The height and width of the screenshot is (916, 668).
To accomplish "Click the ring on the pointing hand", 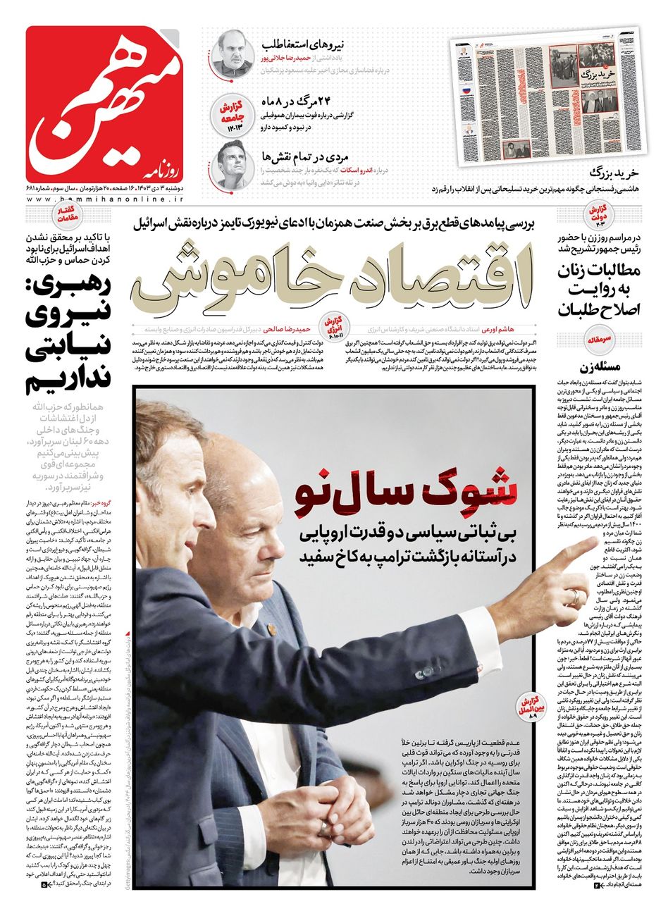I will (x=576, y=598).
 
